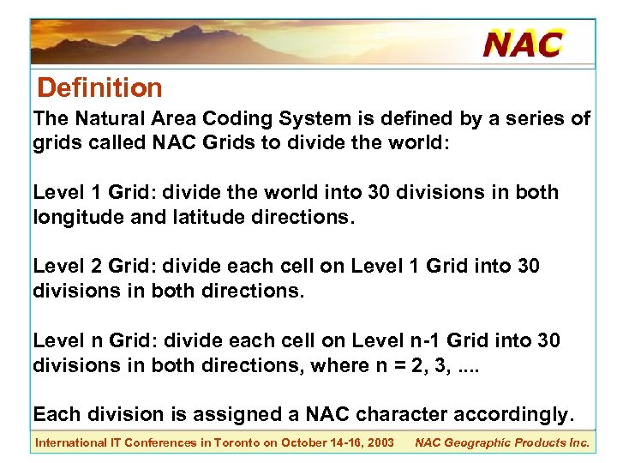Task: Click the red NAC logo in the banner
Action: pos(523,43)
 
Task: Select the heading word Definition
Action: pos(100,87)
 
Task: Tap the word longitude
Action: pos(76,218)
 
